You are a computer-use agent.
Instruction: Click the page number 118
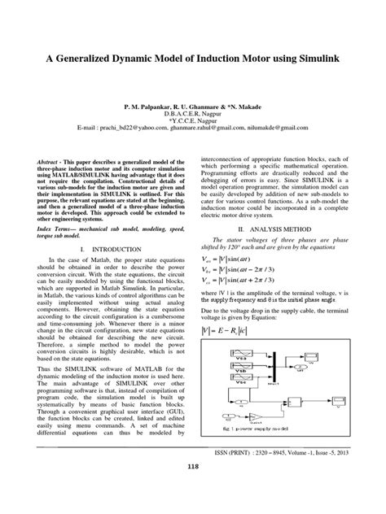[x=193, y=487]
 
